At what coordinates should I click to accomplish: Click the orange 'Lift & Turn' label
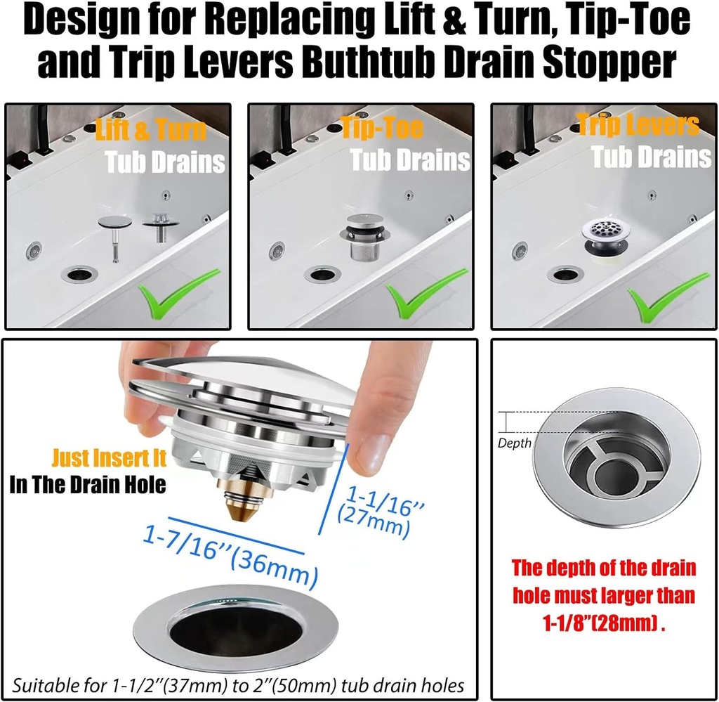pos(150,131)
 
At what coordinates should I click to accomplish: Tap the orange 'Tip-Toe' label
pos(382,128)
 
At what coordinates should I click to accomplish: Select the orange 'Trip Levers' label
pos(638,125)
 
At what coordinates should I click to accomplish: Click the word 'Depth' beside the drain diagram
pos(514,443)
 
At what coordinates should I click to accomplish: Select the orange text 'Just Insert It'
pos(109,459)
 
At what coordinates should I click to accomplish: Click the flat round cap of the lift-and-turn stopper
pos(114,221)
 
